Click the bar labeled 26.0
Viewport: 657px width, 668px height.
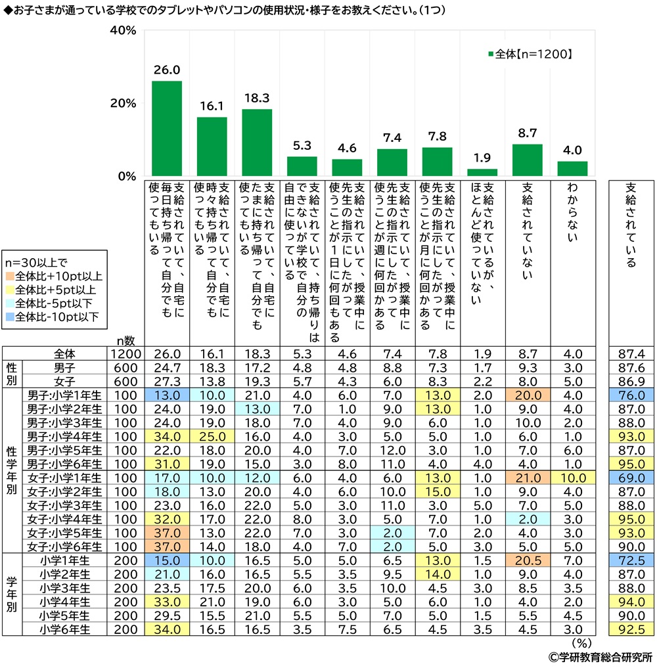click(167, 129)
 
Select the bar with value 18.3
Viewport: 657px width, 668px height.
click(257, 143)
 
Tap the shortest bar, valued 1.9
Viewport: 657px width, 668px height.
click(482, 173)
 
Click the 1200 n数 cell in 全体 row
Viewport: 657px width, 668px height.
click(125, 354)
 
